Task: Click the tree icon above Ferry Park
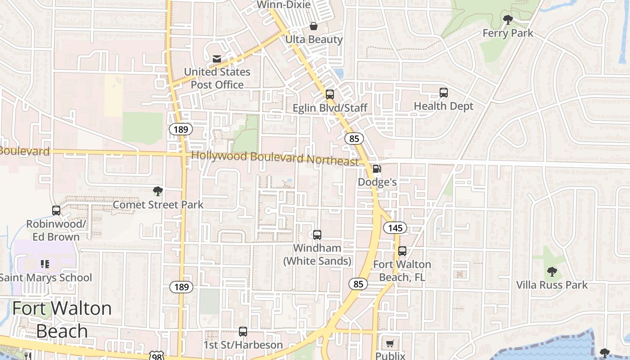tap(508, 20)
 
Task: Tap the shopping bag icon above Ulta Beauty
tap(314, 26)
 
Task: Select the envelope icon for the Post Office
tap(217, 58)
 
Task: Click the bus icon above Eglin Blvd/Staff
tap(330, 94)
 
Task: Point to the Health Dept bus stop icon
tap(444, 93)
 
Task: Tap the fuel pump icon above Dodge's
tap(377, 169)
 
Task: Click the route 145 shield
tap(395, 228)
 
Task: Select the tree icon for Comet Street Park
tap(157, 191)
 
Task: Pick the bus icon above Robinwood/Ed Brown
tap(56, 210)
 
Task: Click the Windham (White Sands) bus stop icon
tap(317, 234)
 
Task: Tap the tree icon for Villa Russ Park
tap(552, 271)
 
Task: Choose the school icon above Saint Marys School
tap(45, 264)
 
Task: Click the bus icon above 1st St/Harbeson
tap(243, 332)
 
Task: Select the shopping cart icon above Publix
tap(390, 343)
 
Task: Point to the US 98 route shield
tap(157, 356)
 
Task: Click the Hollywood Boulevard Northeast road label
tap(275, 158)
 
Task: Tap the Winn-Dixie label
tap(283, 5)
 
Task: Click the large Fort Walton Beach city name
tap(62, 319)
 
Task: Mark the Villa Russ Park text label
tap(552, 285)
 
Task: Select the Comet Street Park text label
tap(158, 205)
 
